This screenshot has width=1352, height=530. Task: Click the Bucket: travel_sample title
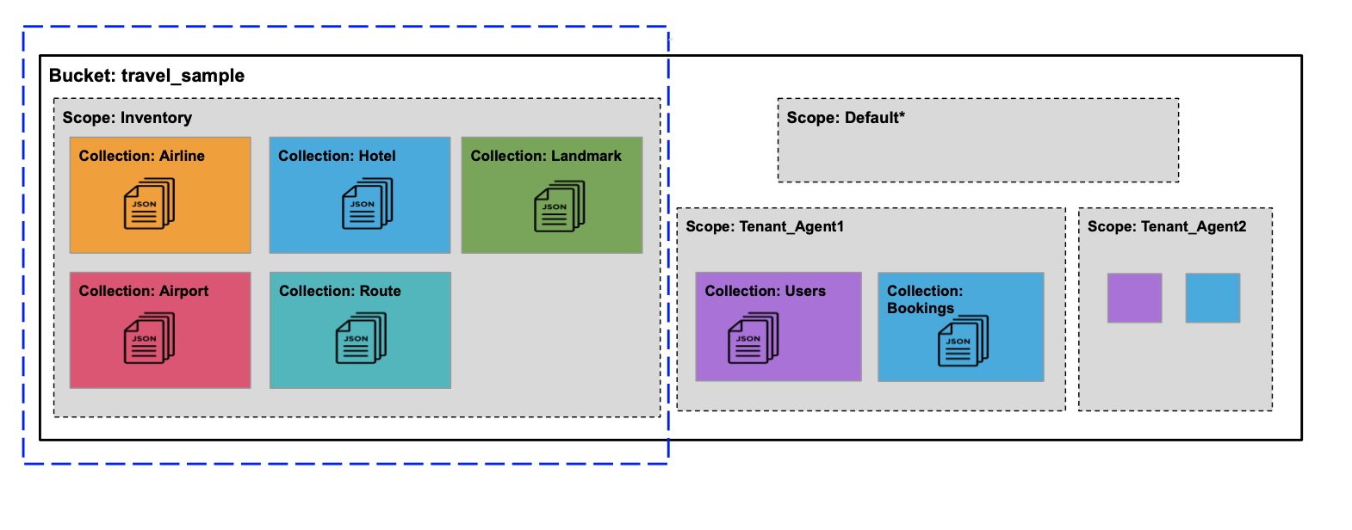click(146, 76)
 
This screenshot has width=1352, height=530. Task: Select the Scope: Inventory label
click(127, 118)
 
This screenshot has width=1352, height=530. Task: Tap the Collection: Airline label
click(141, 156)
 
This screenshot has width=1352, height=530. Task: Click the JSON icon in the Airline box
click(149, 204)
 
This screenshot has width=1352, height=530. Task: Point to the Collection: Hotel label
click(337, 156)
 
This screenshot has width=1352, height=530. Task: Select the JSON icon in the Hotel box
click(367, 204)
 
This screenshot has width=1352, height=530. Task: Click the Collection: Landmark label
click(546, 156)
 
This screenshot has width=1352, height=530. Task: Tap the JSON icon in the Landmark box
click(559, 206)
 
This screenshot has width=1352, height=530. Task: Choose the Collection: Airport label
click(144, 291)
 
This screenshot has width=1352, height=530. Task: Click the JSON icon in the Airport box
click(149, 338)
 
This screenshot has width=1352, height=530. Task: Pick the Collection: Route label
click(339, 291)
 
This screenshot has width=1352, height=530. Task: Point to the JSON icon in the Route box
click(361, 338)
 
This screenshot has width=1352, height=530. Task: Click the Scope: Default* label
click(845, 118)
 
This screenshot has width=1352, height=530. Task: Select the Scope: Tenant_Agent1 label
click(765, 226)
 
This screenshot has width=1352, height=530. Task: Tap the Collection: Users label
click(765, 291)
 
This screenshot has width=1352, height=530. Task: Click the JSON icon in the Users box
click(753, 338)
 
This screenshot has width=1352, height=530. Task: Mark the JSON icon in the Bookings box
click(963, 341)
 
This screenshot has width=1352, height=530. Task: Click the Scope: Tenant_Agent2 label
click(1166, 226)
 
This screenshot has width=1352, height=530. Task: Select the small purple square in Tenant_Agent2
click(1134, 298)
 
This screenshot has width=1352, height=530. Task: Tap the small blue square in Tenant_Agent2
click(1212, 298)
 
